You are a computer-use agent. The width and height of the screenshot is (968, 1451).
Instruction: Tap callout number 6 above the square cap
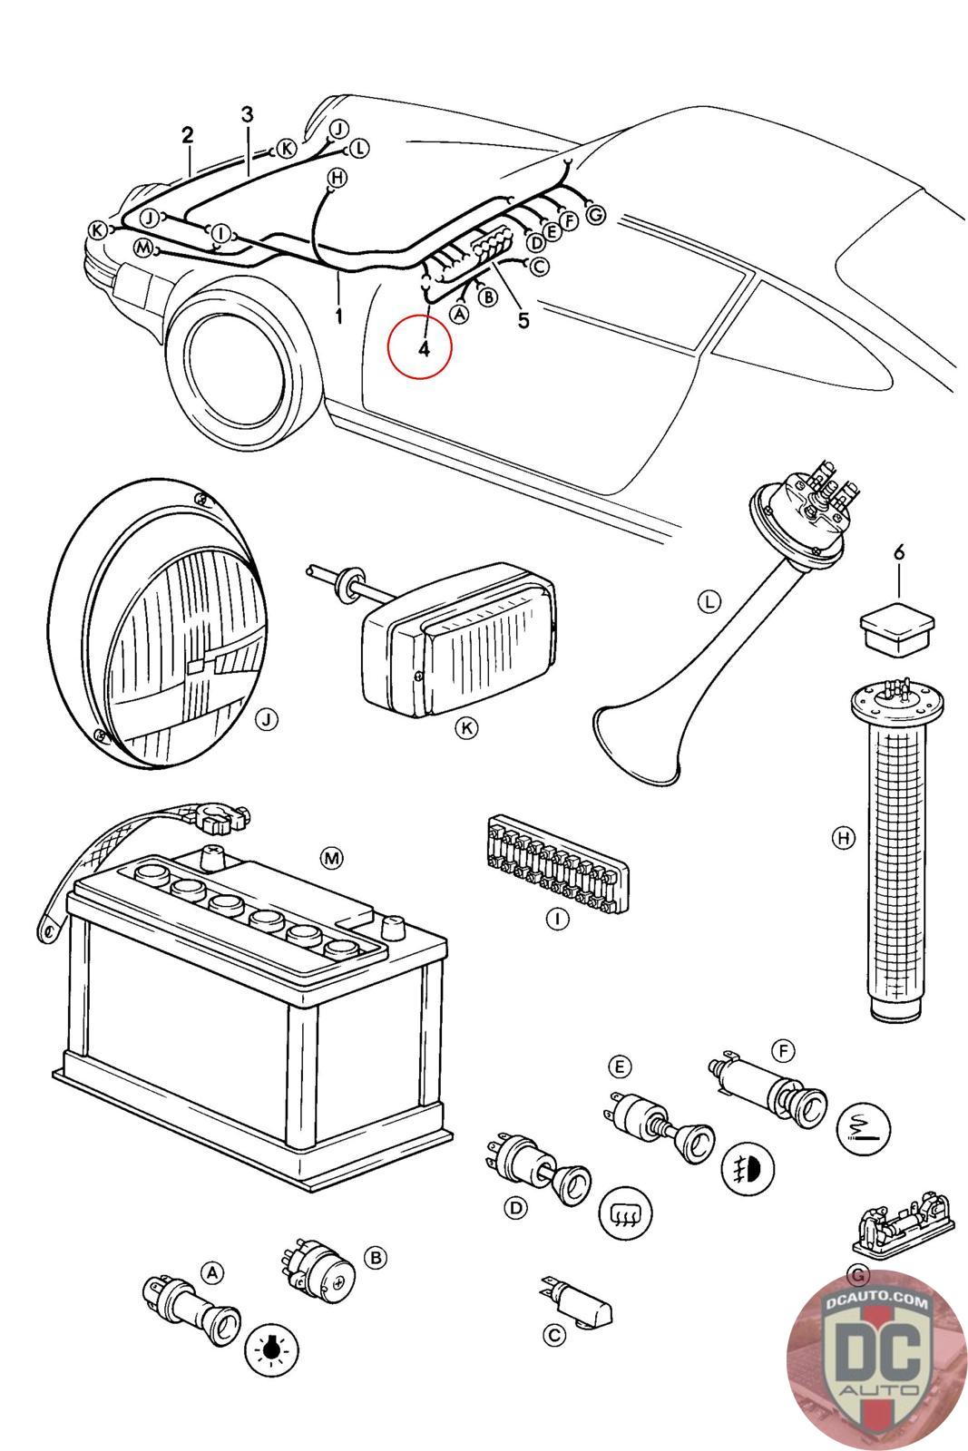click(898, 551)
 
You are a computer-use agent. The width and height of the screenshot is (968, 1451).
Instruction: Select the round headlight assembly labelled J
click(163, 626)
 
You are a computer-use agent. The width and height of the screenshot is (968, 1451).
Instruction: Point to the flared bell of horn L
click(635, 744)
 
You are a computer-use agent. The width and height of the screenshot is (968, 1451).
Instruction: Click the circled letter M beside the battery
click(332, 857)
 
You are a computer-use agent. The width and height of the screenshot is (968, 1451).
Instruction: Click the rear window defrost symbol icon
click(627, 1212)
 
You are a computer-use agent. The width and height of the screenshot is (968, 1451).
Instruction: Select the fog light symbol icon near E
click(748, 1167)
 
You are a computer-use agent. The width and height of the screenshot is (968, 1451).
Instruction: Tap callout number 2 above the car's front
click(187, 136)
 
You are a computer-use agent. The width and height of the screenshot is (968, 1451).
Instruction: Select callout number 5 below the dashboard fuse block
click(523, 320)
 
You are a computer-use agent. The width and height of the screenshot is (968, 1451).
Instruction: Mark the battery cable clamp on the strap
click(218, 822)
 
